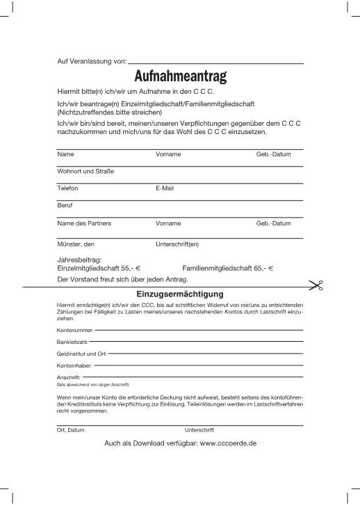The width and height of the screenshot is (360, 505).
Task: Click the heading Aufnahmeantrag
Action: pyautogui.click(x=180, y=76)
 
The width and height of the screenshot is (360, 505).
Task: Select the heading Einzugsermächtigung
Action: pyautogui.click(x=180, y=294)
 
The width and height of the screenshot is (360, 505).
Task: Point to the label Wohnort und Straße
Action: pyautogui.click(x=85, y=171)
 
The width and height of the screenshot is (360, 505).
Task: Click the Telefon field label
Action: pyautogui.click(x=68, y=188)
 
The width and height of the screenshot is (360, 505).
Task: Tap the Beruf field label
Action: pyautogui.click(x=65, y=206)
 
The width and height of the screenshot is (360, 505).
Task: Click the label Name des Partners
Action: pyautogui.click(x=84, y=224)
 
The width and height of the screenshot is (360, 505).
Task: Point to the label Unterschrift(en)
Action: pyautogui.click(x=177, y=245)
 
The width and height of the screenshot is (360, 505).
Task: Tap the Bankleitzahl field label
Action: pyautogui.click(x=73, y=341)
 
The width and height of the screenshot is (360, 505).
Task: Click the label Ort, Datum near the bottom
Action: pyautogui.click(x=71, y=430)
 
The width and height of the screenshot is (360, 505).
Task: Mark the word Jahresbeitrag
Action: pyautogui.click(x=79, y=259)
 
